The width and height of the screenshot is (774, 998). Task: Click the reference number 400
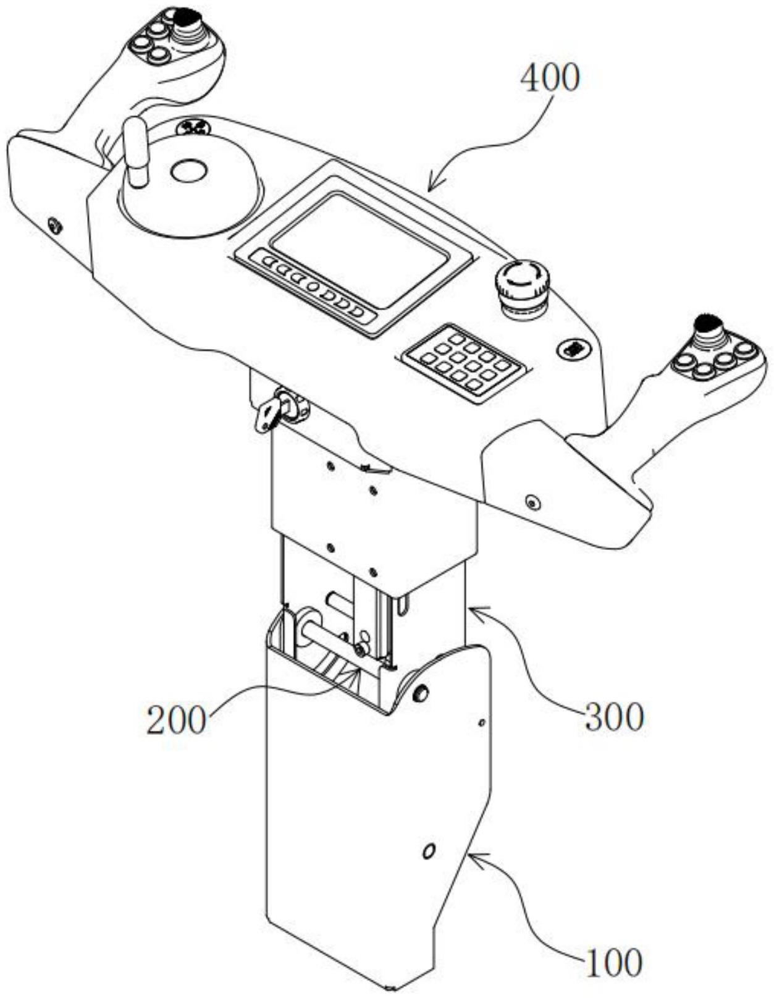(550, 78)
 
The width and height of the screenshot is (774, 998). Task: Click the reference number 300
(614, 717)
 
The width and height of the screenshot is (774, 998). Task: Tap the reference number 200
(175, 721)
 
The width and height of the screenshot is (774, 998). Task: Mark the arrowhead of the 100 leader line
(471, 856)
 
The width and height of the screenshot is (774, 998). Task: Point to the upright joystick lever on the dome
(135, 151)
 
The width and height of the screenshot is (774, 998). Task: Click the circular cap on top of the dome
(188, 171)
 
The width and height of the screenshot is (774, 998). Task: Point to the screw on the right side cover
(532, 502)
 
